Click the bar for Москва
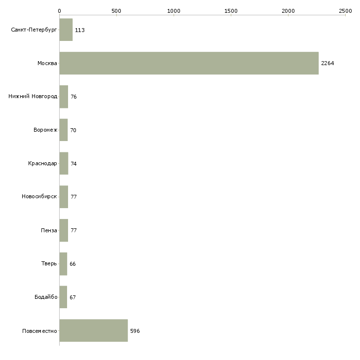click(x=189, y=63)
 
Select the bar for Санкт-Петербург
click(x=66, y=30)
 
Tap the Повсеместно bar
click(x=94, y=330)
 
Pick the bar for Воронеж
click(x=64, y=130)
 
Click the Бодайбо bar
click(x=63, y=297)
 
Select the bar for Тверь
click(x=63, y=264)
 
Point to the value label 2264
click(x=327, y=63)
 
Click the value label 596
click(x=135, y=331)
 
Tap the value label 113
click(x=80, y=30)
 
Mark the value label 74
click(x=73, y=164)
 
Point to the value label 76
click(x=73, y=97)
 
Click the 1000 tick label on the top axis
click(x=174, y=11)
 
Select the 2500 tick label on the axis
click(x=345, y=11)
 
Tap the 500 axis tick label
click(x=116, y=11)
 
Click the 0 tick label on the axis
click(x=60, y=11)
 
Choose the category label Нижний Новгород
click(x=33, y=97)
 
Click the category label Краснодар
click(x=42, y=163)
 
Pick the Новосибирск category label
click(x=39, y=197)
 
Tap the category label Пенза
click(x=49, y=230)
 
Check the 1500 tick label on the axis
click(x=231, y=11)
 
